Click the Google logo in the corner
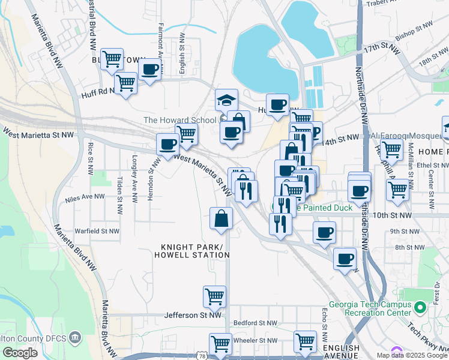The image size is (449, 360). pos(20,353)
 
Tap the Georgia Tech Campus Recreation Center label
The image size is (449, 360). pos(369,308)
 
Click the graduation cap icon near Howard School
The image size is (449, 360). pos(226,100)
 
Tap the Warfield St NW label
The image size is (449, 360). pos(96,230)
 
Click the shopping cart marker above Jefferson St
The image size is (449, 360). pos(214,296)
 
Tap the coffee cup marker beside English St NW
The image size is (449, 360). pos(149,69)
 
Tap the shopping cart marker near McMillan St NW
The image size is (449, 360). pos(397,190)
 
